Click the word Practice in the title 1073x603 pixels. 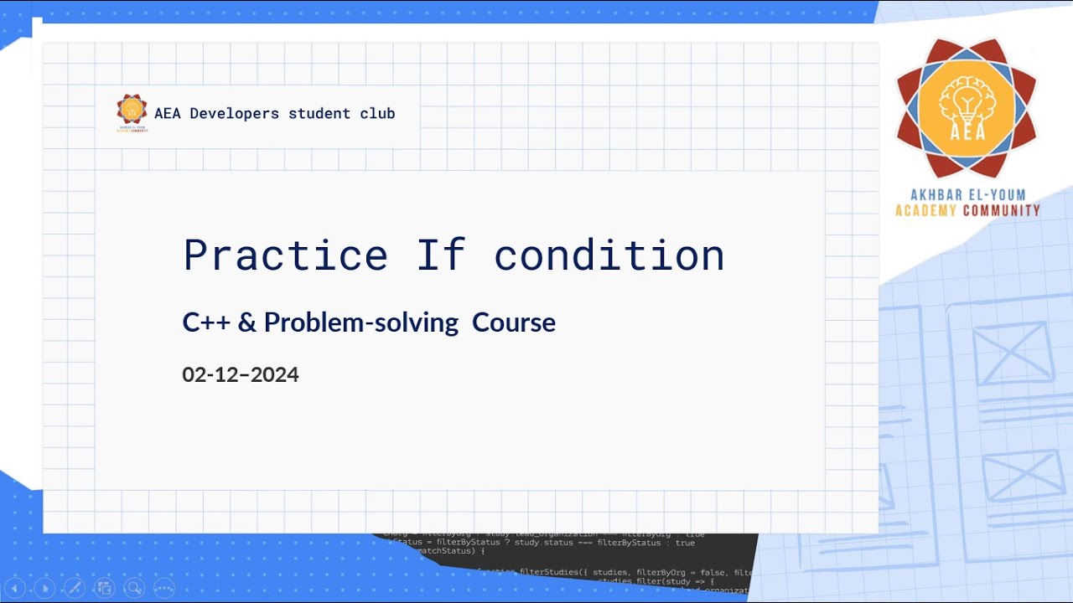pos(285,255)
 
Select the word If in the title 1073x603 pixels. pos(441,255)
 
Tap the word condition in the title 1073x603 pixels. pos(609,255)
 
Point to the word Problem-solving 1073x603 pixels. pos(361,322)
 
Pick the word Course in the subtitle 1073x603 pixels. pos(514,322)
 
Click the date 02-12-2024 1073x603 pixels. pos(241,374)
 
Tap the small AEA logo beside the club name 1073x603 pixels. pos(132,113)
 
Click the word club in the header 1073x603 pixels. pos(376,113)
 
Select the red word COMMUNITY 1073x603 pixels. pos(1002,210)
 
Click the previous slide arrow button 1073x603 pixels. pos(14,588)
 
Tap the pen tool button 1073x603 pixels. pos(74,588)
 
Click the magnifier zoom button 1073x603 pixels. pos(133,588)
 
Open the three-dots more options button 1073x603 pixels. pos(163,588)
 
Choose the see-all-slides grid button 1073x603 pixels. pos(104,588)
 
